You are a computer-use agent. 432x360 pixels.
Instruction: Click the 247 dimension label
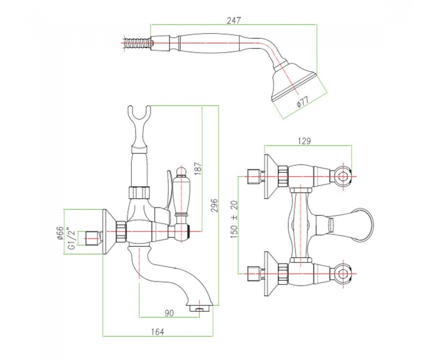[x=233, y=20]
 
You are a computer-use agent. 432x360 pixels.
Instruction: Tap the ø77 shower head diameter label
[x=303, y=101]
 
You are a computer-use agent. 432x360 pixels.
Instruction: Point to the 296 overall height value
[x=215, y=205]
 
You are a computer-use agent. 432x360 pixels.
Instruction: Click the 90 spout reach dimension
[x=169, y=313]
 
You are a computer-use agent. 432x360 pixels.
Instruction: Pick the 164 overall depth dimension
[x=157, y=332]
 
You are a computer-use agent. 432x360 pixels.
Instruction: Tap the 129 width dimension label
[x=304, y=141]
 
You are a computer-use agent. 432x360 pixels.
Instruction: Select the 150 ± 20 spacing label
[x=234, y=219]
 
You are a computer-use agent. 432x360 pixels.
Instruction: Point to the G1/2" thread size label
[x=71, y=238]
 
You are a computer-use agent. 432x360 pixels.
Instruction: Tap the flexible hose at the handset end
[x=137, y=43]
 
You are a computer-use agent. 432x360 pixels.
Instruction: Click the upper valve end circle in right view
[x=343, y=176]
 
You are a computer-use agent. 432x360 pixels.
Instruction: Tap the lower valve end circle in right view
[x=343, y=274]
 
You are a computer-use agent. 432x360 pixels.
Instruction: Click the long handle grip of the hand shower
[x=209, y=43]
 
